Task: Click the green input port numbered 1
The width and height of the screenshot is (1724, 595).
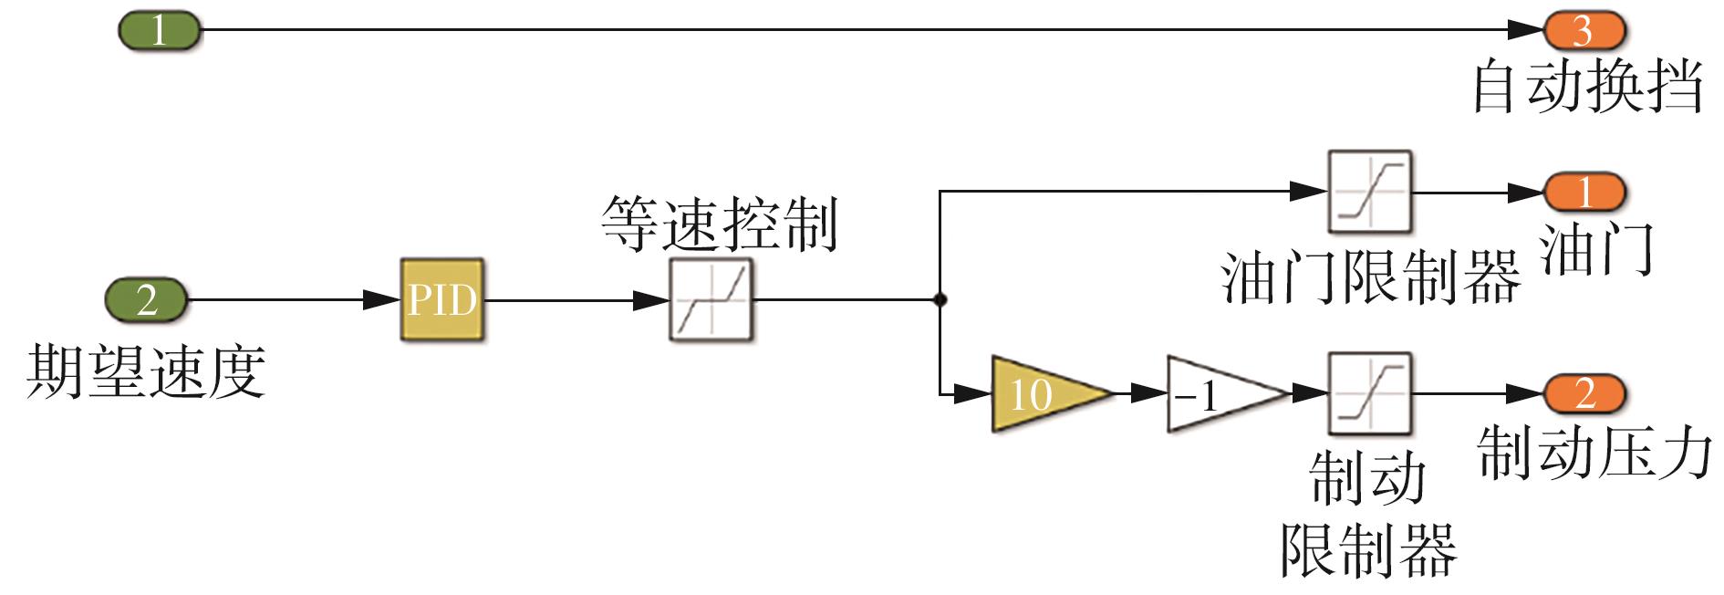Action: coord(159,31)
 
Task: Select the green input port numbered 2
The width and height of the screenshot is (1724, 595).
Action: coord(147,299)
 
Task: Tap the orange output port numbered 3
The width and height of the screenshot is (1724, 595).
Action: coord(1584,31)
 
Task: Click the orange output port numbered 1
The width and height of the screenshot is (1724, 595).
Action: coord(1584,193)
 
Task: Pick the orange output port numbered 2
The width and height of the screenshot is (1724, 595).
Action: coord(1584,393)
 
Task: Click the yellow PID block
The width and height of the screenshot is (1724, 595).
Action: coord(442,299)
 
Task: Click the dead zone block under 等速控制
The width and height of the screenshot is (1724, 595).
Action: coord(711,299)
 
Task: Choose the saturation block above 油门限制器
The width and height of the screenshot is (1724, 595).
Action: coord(1369,193)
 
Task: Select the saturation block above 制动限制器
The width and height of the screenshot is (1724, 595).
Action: coord(1369,393)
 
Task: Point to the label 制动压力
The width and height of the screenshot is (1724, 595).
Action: coord(1594,454)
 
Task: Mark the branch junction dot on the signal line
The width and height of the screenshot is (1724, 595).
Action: coord(940,299)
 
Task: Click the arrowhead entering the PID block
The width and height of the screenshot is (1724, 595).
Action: coord(384,299)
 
